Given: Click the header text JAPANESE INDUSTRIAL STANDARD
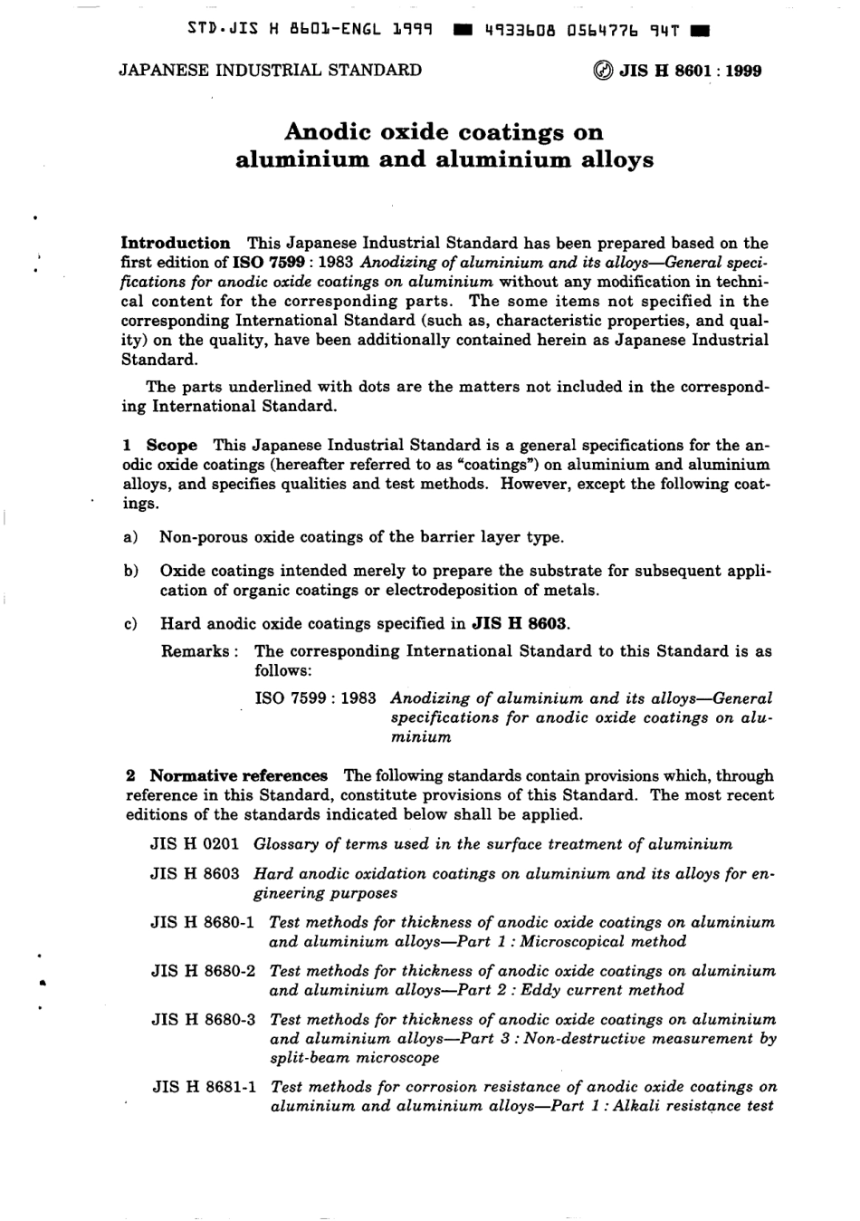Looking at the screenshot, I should pos(270,70).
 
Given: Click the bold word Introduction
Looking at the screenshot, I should pos(176,243).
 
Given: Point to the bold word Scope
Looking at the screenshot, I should pos(171,445).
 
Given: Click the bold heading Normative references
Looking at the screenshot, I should pos(238,775).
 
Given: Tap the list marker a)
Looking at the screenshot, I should pos(129,537).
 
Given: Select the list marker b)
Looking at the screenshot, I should pos(129,571).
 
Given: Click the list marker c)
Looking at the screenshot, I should pos(129,623).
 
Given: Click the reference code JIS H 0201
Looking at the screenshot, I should pos(195,844).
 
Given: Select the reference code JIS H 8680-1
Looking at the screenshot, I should pos(205,922).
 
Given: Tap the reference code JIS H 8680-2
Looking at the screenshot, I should pos(205,971).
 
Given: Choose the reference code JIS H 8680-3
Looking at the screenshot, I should pos(205,1019).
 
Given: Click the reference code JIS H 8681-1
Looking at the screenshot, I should pos(205,1087).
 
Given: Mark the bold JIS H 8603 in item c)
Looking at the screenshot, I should pos(520,623).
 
